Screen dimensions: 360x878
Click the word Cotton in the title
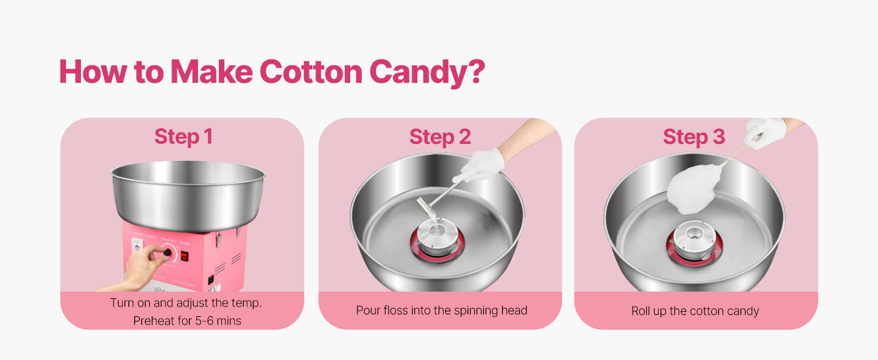pyautogui.click(x=311, y=71)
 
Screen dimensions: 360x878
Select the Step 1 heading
pyautogui.click(x=184, y=136)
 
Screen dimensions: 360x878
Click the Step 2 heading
pyautogui.click(x=440, y=136)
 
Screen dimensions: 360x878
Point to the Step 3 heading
pyautogui.click(x=694, y=136)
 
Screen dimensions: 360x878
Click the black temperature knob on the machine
pyautogui.click(x=165, y=254)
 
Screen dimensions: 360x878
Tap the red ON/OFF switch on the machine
pyautogui.click(x=185, y=256)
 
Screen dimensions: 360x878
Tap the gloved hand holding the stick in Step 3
pyautogui.click(x=765, y=130)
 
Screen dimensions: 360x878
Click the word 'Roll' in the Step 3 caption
pyautogui.click(x=642, y=311)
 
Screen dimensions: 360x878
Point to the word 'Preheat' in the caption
pyautogui.click(x=153, y=321)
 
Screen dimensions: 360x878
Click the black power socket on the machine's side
pyautogui.click(x=211, y=279)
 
